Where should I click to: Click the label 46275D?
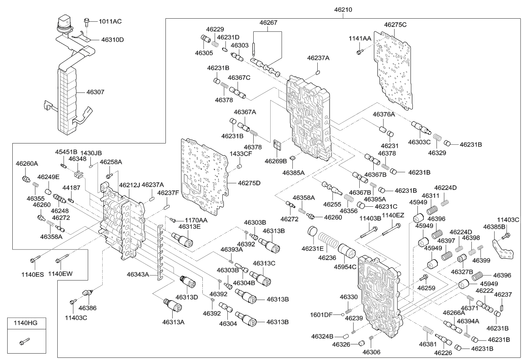pos(249,183)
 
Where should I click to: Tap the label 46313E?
pos(189,226)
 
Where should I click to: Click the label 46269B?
pos(275,161)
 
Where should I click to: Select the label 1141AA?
pos(360,39)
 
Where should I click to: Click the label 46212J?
pos(129,185)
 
